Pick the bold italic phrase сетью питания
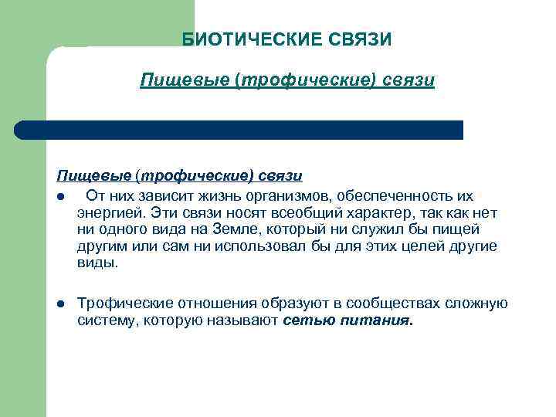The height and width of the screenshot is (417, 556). (348, 320)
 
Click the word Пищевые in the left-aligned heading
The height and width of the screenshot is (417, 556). (84, 177)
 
